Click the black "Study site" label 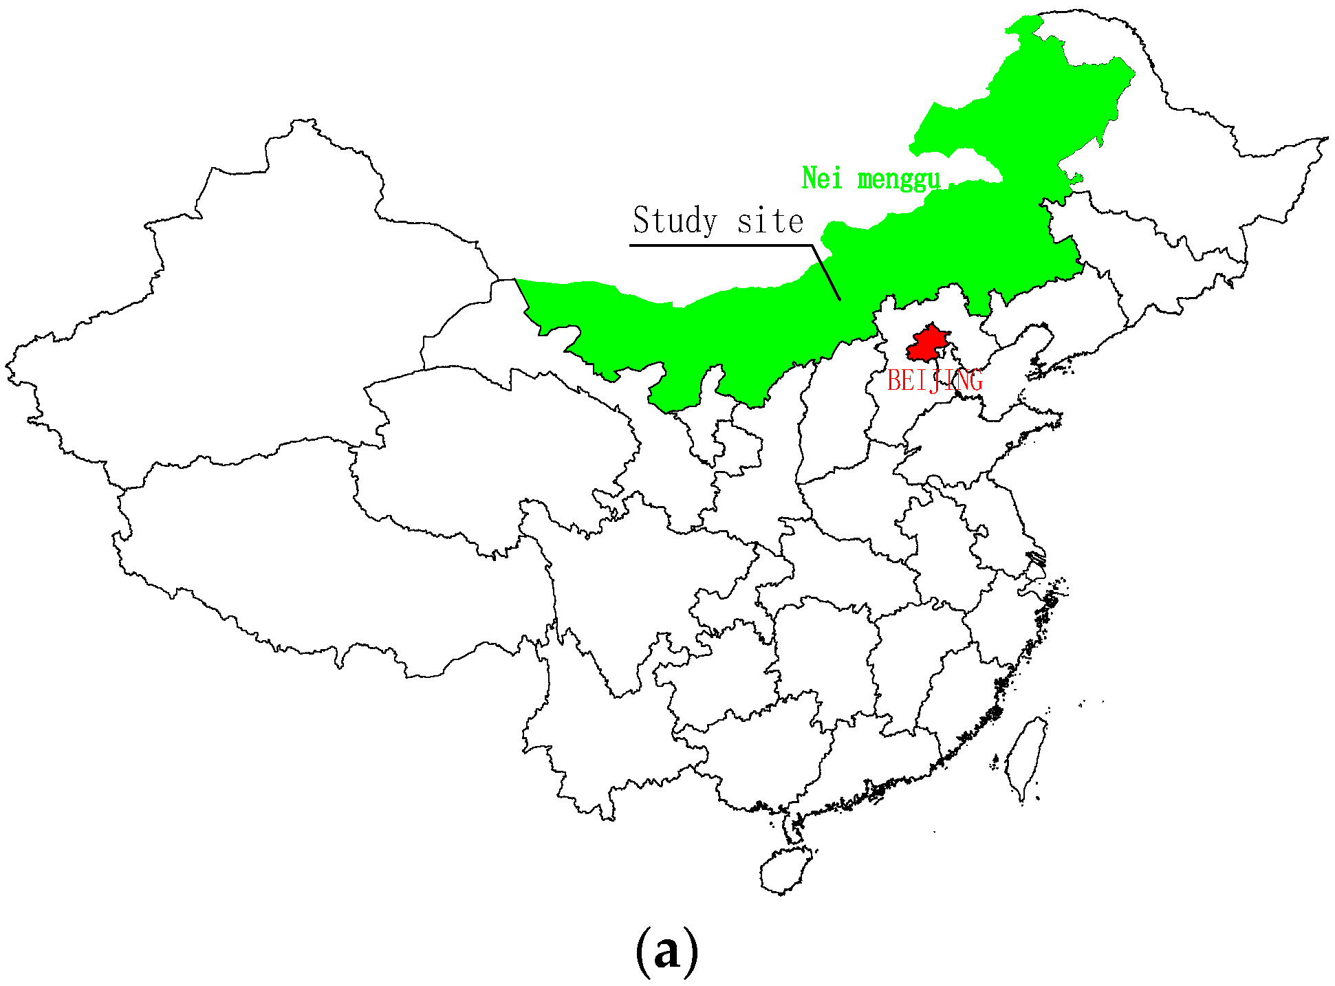pyautogui.click(x=717, y=221)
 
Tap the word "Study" pyautogui.click(x=675, y=221)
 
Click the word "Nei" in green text pyautogui.click(x=822, y=179)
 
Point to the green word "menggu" pyautogui.click(x=898, y=179)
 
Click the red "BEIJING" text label pyautogui.click(x=935, y=380)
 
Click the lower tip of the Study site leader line pyautogui.click(x=840, y=300)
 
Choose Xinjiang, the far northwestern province pyautogui.click(x=241, y=309)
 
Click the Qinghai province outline pyautogui.click(x=481, y=447)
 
